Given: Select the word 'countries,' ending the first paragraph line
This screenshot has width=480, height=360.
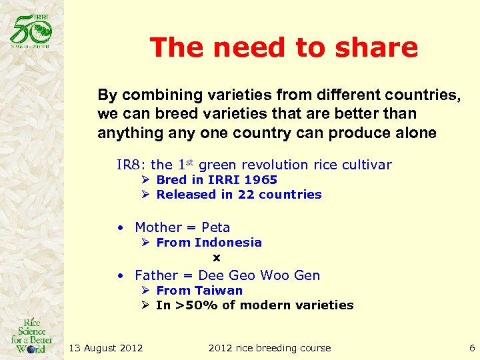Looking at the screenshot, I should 424,95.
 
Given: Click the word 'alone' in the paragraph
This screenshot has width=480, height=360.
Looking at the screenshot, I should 416,133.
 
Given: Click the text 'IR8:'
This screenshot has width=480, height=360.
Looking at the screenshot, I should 132,165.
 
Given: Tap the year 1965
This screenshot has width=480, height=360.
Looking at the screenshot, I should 261,180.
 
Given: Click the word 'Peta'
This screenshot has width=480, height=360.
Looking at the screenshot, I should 215,227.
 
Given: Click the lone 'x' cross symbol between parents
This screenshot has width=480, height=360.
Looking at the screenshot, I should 216,257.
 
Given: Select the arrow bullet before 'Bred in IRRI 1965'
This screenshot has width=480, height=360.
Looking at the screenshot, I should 146,180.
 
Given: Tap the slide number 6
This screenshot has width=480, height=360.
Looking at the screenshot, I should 471,348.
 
